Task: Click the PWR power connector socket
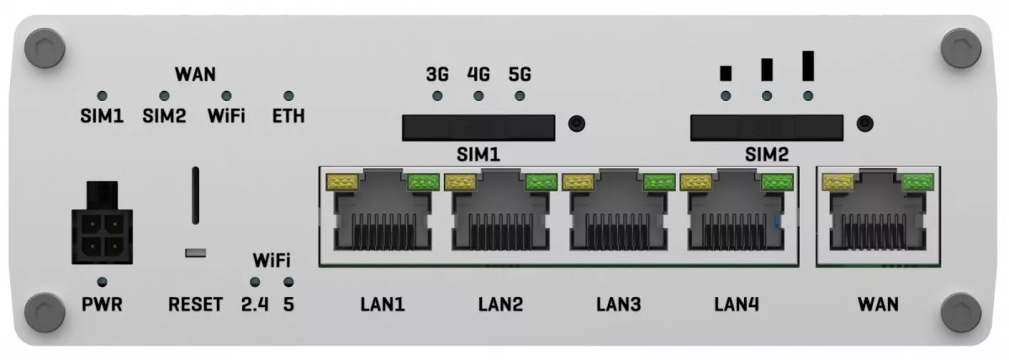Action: tap(103, 223)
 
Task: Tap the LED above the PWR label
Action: tap(103, 282)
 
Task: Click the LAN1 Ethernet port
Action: tap(383, 211)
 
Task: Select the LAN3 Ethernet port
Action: tap(619, 211)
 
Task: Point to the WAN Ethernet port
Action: tap(878, 211)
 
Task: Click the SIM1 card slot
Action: tap(478, 128)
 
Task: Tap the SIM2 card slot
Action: tap(767, 128)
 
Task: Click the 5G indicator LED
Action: tap(520, 96)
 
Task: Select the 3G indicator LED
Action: tap(437, 96)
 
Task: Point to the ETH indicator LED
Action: tap(288, 96)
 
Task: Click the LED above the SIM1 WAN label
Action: tap(103, 96)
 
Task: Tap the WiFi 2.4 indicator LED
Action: tap(255, 282)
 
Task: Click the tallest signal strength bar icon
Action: tap(808, 66)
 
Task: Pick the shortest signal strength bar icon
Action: tap(726, 73)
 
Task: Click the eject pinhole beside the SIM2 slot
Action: tap(865, 124)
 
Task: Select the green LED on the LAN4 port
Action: tap(778, 182)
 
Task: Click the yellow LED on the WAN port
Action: tap(837, 182)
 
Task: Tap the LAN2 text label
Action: tap(500, 304)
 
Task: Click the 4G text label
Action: tap(478, 74)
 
